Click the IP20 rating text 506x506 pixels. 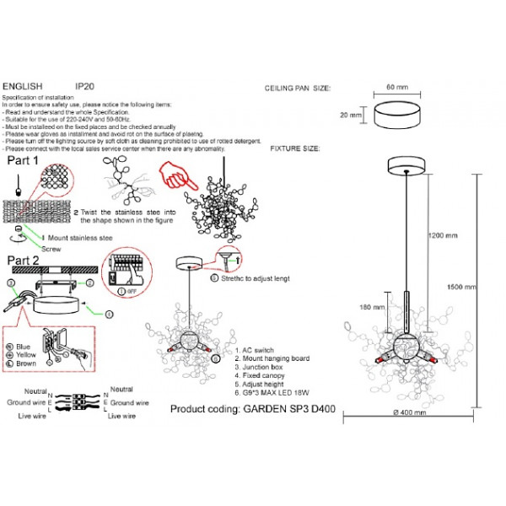[83, 86]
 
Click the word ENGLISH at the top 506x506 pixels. [23, 86]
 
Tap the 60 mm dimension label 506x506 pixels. [396, 87]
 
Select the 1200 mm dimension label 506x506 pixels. [443, 234]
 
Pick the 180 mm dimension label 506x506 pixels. [371, 307]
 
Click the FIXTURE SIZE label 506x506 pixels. [294, 148]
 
